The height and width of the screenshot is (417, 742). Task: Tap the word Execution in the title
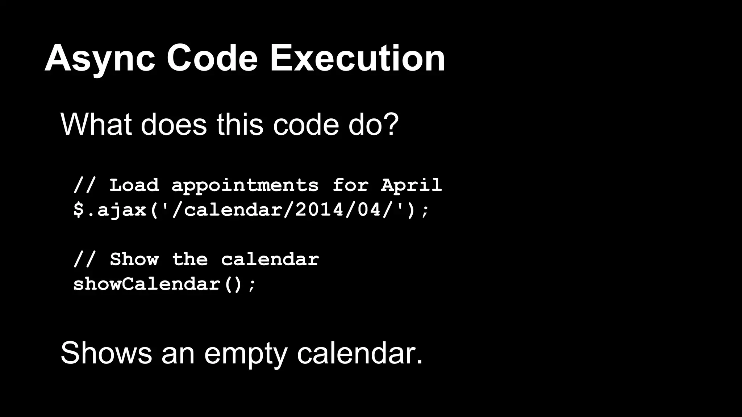[358, 58]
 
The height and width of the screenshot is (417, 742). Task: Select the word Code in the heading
[212, 58]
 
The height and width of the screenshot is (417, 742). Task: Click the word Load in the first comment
[134, 185]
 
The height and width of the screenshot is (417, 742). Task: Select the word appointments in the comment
[245, 186]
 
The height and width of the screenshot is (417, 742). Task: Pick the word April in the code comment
[411, 185]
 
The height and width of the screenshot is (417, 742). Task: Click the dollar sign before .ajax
[79, 210]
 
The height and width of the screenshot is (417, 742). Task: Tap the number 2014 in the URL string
[319, 210]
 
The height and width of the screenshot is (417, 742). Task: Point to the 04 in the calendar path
[370, 210]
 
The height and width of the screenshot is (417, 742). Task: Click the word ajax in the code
[122, 210]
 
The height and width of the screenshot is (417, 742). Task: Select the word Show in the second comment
[134, 259]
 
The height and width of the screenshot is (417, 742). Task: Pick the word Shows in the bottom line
[106, 353]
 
